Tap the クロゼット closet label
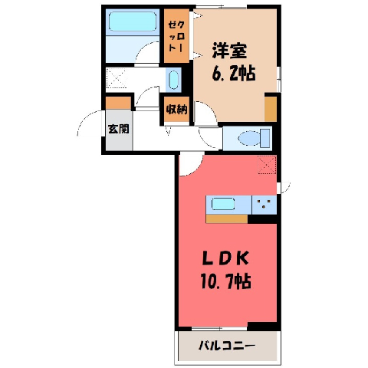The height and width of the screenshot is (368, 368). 176,37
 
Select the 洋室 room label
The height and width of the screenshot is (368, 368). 229,51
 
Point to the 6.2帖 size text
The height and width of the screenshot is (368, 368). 233,73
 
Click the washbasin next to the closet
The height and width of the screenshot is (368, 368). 173,80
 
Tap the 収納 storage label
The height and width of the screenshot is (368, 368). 176,110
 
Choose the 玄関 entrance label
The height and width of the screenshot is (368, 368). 118,129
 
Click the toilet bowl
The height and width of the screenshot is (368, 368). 249,138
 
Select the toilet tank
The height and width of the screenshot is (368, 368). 265,138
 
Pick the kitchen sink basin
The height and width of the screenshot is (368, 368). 223,204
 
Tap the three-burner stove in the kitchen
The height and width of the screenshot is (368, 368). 264,205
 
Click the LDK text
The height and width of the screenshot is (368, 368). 225,259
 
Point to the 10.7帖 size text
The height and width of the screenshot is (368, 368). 226,281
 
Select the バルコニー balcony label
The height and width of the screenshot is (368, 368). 227,347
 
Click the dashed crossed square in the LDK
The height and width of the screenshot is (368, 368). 267,165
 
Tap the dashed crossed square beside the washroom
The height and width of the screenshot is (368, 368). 117,77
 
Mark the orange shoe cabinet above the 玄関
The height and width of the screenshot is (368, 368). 119,103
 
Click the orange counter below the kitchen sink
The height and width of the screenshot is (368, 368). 227,219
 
